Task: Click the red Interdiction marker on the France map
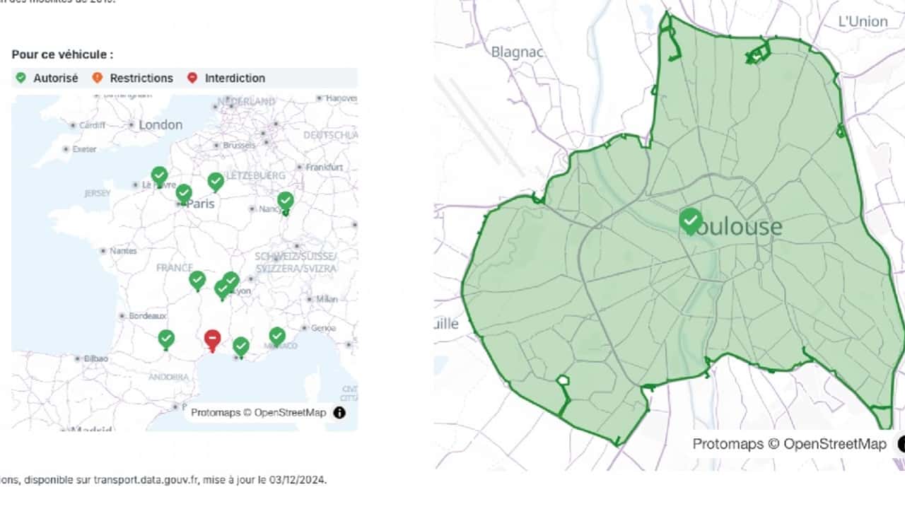click(x=212, y=339)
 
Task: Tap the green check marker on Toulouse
click(x=691, y=221)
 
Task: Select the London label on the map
click(x=160, y=125)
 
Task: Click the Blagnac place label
click(x=517, y=52)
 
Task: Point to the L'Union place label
click(x=863, y=21)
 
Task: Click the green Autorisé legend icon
click(x=21, y=78)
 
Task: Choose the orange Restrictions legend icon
click(x=98, y=78)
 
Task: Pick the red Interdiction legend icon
click(x=192, y=78)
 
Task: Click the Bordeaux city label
click(x=148, y=315)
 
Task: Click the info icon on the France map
click(x=339, y=412)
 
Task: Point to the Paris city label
click(x=200, y=204)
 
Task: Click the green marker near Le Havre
click(x=159, y=175)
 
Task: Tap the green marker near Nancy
click(x=285, y=201)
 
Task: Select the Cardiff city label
click(x=92, y=125)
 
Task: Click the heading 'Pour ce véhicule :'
click(x=62, y=54)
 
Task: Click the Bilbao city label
click(x=96, y=358)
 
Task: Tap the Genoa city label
click(x=323, y=328)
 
